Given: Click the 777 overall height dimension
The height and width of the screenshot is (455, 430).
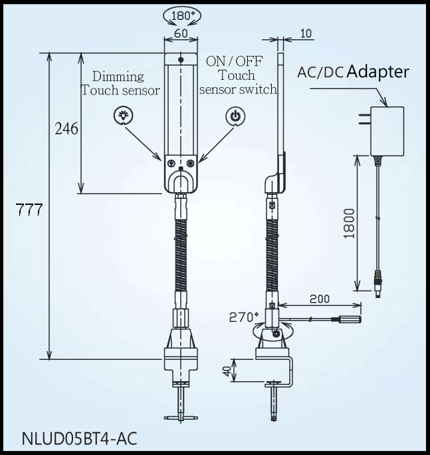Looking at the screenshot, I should [30, 211].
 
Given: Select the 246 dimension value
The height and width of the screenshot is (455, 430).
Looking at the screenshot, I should [66, 128].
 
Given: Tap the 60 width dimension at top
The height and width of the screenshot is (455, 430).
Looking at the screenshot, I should [180, 33].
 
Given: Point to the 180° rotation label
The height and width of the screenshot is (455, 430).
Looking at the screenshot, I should [181, 15].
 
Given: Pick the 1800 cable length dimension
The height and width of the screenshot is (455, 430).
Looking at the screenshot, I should [350, 224].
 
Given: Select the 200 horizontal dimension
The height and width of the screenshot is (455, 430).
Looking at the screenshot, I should [320, 300].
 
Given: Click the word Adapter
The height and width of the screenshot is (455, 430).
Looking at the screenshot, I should [377, 72].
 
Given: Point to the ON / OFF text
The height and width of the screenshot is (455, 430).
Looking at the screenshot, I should [234, 61].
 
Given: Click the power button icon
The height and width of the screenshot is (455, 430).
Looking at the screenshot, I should [235, 116].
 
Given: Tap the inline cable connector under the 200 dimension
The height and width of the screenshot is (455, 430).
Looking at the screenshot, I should [346, 319].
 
